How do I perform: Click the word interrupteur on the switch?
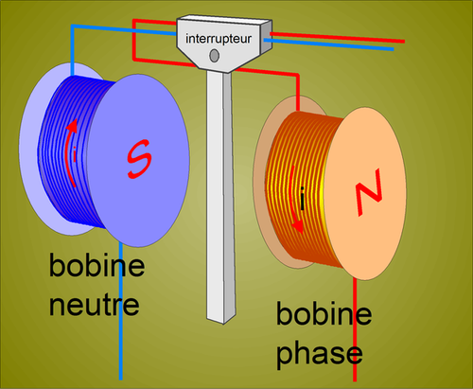pos(219,39)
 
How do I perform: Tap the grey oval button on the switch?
pos(215,56)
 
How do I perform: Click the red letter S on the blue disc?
pos(139,159)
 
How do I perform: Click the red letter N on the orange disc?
pos(369,192)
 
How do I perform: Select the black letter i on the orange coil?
pos(303,199)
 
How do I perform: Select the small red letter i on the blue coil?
pos(75,154)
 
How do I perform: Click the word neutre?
pos(94,305)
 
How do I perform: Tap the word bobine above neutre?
pos(96,265)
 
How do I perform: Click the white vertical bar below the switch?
pos(220,196)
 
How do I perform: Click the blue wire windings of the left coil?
pos(68,151)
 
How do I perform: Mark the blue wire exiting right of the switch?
pos(328,44)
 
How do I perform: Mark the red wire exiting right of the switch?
pos(338,37)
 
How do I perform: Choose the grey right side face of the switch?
pos(266,36)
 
